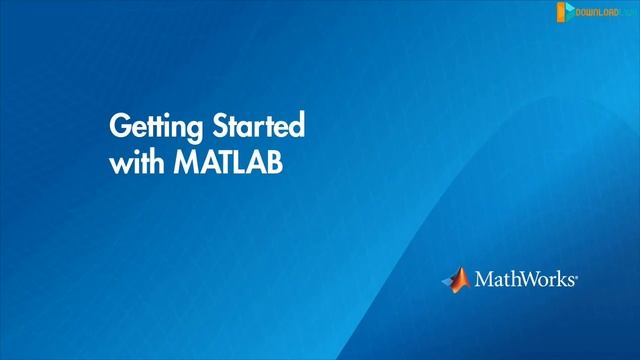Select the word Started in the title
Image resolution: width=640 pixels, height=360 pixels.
pos(256,128)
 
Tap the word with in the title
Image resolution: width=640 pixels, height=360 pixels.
pos(134,163)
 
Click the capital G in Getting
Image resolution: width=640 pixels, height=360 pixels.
pos(119,128)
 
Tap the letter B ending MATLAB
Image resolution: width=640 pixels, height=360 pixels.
pos(275,163)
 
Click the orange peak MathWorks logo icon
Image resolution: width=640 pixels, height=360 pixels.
pos(455,279)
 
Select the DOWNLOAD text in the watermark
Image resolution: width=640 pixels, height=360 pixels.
pos(597,12)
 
